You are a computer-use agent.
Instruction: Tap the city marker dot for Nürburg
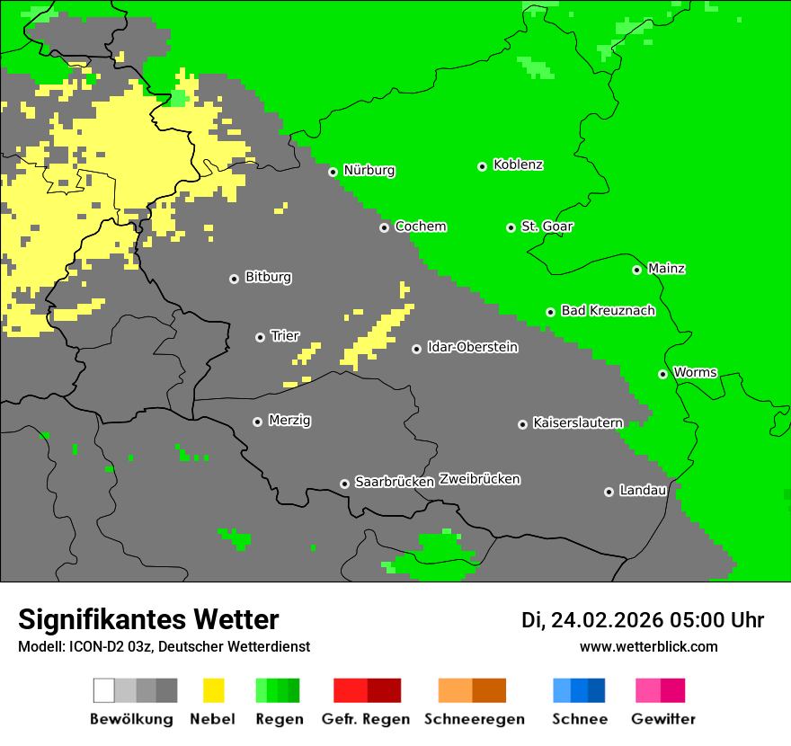333,172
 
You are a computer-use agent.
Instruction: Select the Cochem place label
420,226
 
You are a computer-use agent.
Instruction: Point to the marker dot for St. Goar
511,227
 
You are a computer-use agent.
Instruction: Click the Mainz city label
666,268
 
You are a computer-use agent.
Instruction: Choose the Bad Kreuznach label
608,310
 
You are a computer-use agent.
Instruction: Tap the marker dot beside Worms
662,374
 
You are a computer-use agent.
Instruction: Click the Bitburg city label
268,277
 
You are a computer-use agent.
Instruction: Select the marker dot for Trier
260,337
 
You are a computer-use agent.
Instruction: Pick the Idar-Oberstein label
472,347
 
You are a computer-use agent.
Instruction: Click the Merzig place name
289,420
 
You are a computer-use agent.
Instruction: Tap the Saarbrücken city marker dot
344,484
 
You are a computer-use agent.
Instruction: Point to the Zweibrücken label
479,479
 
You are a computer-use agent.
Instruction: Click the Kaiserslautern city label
577,422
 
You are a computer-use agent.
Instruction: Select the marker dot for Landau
609,492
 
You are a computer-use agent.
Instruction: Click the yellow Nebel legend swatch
212,690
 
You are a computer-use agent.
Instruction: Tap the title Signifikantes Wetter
148,619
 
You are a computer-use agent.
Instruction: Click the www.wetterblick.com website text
648,646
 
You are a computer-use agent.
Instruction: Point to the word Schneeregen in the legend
474,719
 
